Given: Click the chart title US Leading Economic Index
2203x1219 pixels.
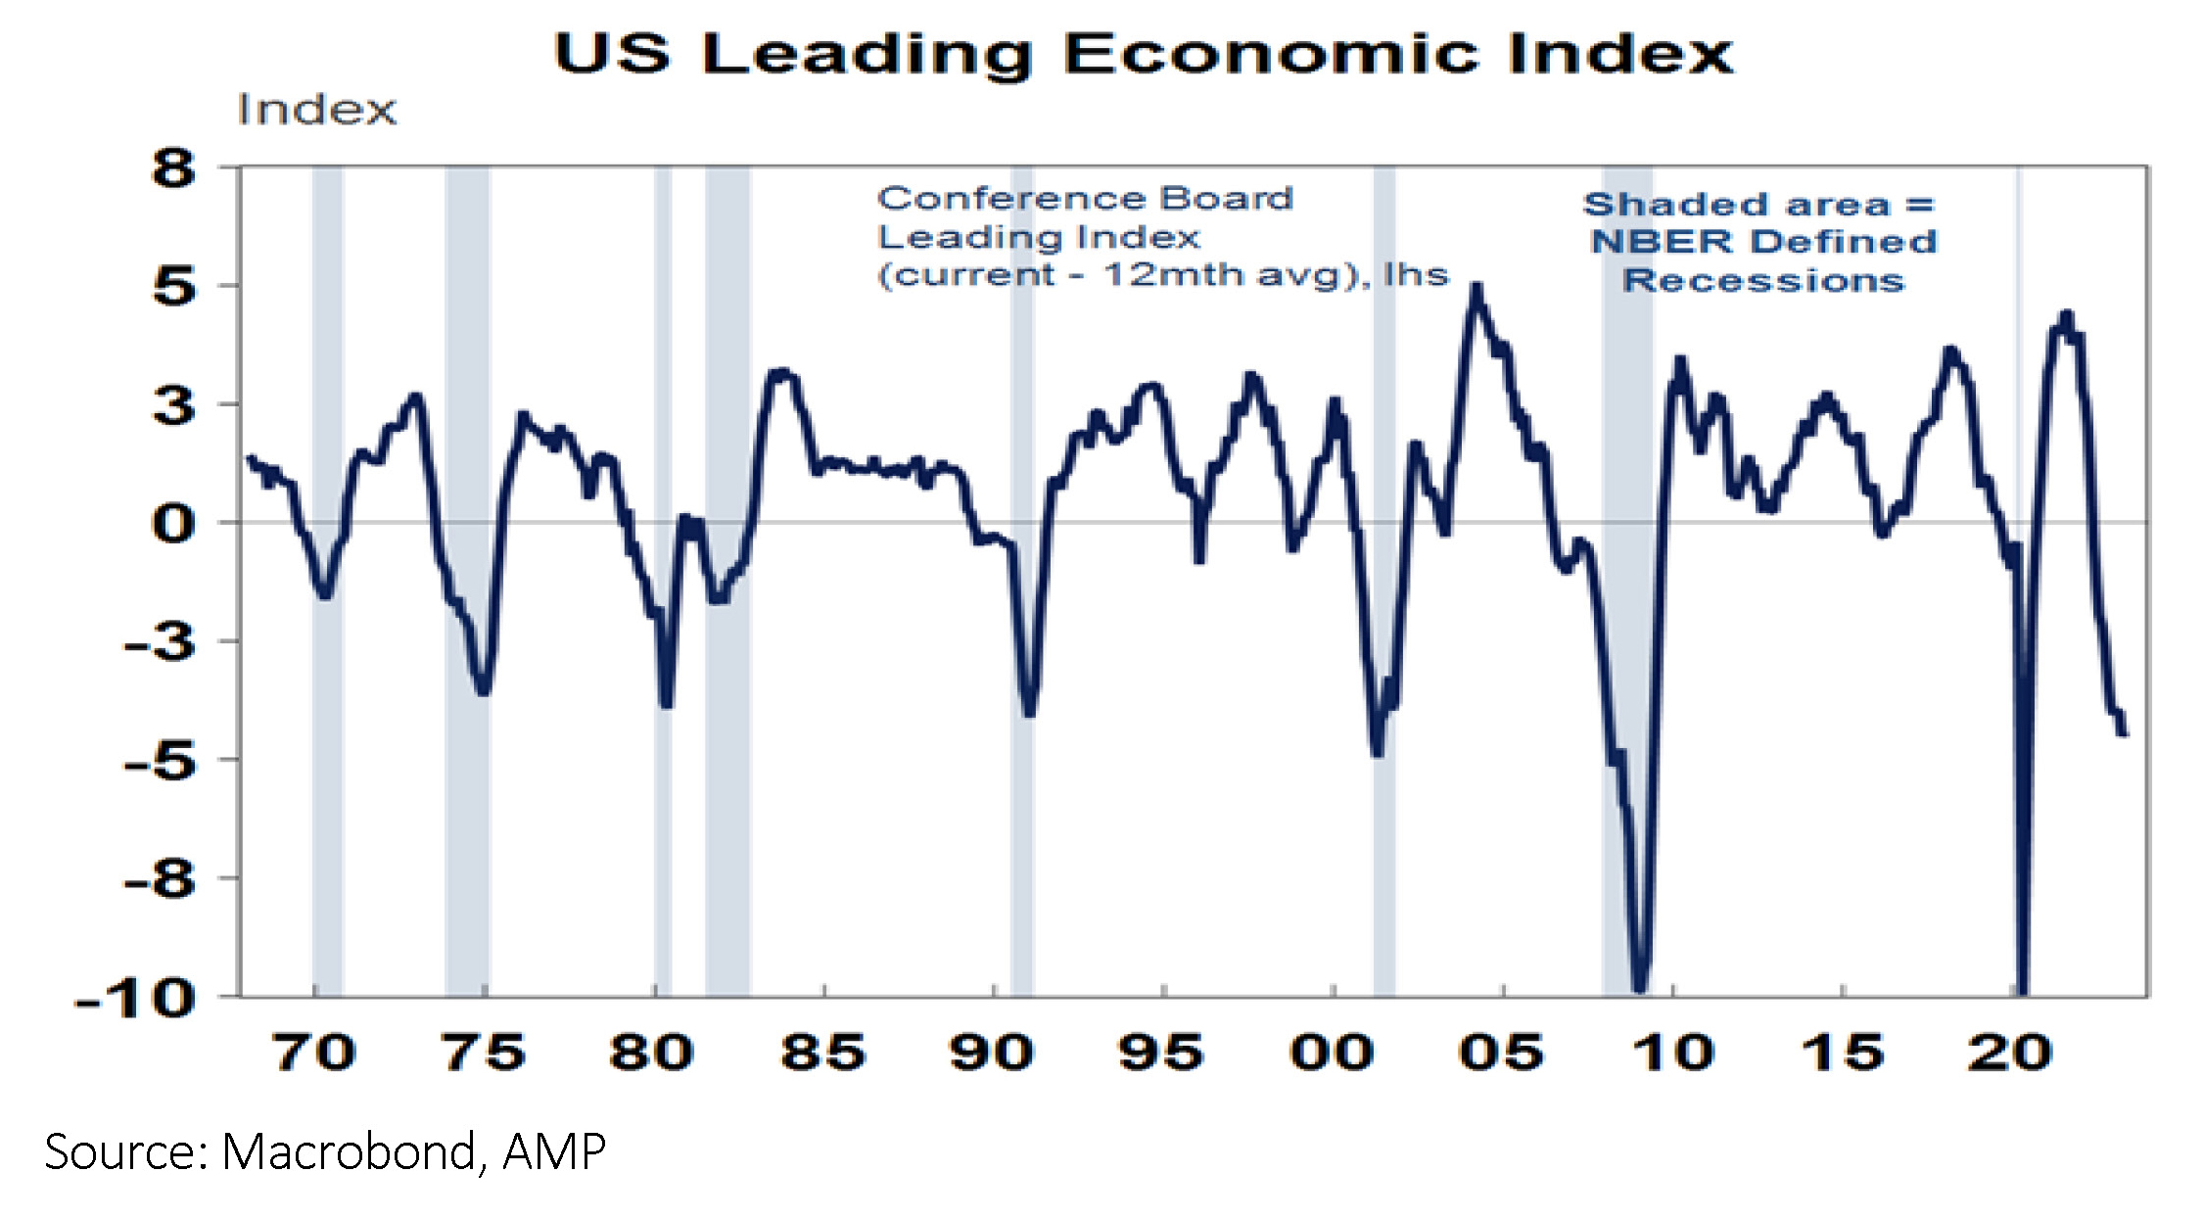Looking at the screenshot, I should click(x=1143, y=54).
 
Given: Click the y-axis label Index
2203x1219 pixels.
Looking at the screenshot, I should click(x=317, y=111).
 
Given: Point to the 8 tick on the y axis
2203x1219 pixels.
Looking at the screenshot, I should click(x=174, y=168).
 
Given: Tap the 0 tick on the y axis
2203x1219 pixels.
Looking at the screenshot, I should click(x=174, y=524).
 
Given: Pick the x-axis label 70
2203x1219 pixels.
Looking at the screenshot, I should click(x=314, y=1054).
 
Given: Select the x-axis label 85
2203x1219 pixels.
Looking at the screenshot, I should click(x=823, y=1054).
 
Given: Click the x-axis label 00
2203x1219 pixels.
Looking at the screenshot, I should click(x=1333, y=1054).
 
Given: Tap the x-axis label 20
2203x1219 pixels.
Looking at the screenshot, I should click(x=2010, y=1054).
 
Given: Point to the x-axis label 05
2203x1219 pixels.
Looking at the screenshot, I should click(x=1502, y=1054).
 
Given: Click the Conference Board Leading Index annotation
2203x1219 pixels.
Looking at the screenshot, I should click(x=1162, y=237).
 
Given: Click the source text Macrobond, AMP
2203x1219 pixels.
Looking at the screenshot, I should click(x=325, y=1151).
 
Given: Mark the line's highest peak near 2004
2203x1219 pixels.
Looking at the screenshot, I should click(x=1476, y=286).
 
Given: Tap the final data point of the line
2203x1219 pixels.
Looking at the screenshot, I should click(x=2124, y=733).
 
